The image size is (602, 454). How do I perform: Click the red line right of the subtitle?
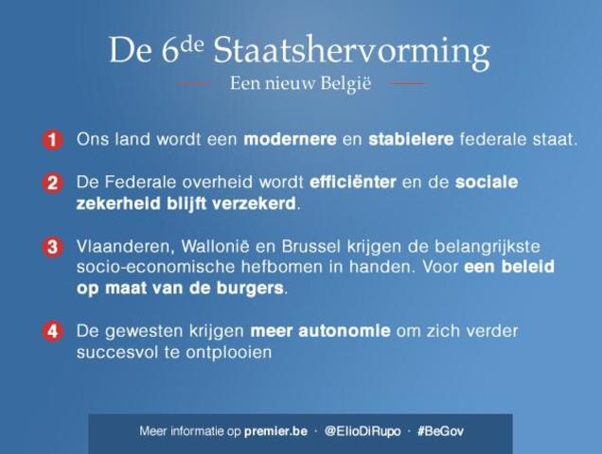click(x=407, y=84)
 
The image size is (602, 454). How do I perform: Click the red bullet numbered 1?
click(x=53, y=140)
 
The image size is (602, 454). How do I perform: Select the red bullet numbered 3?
click(x=53, y=248)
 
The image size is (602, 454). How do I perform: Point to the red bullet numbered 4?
click(x=53, y=332)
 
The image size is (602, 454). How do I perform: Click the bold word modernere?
click(x=290, y=140)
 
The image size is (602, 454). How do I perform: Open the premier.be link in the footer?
click(x=275, y=431)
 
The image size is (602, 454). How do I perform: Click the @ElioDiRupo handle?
click(x=361, y=431)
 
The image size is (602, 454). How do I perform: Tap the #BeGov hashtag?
click(x=438, y=431)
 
